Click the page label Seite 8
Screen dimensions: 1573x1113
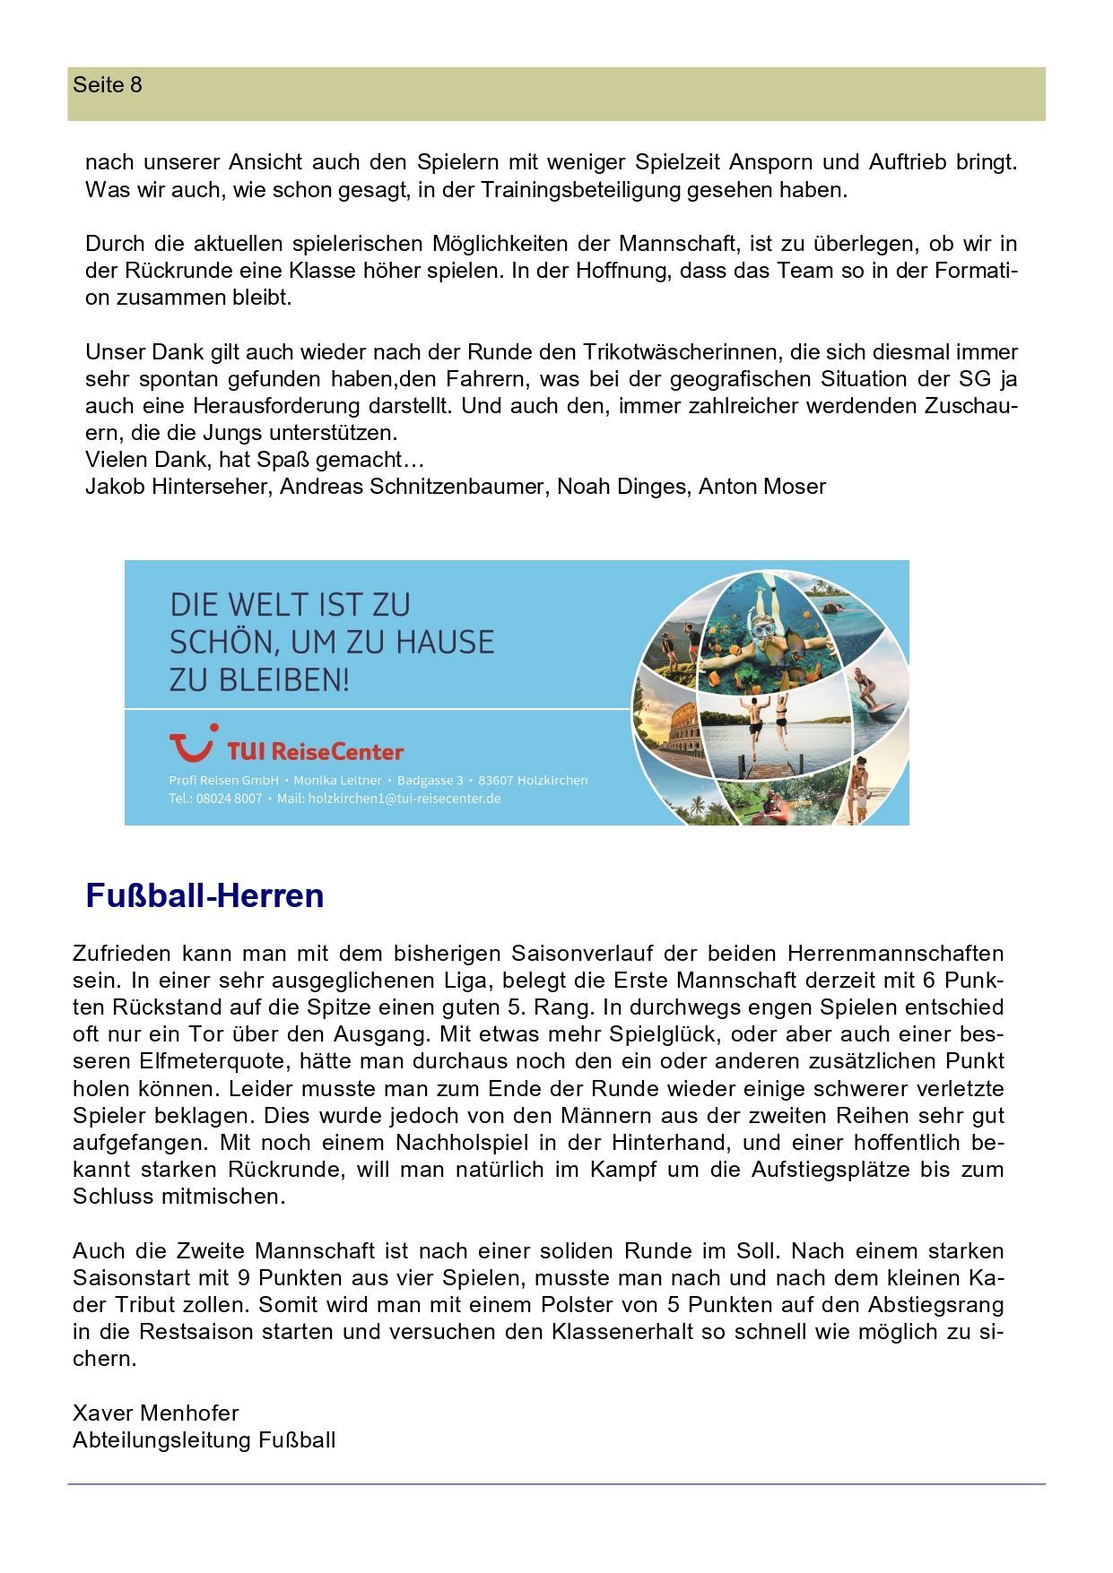(x=108, y=85)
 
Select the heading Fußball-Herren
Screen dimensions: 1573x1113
(x=204, y=895)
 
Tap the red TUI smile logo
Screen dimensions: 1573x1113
(x=192, y=744)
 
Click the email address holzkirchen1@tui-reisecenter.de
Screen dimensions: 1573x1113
(x=404, y=798)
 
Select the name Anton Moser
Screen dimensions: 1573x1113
(x=761, y=487)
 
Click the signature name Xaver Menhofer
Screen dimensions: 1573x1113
(x=156, y=1413)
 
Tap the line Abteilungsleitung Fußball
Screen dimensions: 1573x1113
(x=204, y=1440)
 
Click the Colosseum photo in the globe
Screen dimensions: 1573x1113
(x=668, y=731)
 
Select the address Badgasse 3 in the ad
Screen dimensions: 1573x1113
(x=430, y=780)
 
